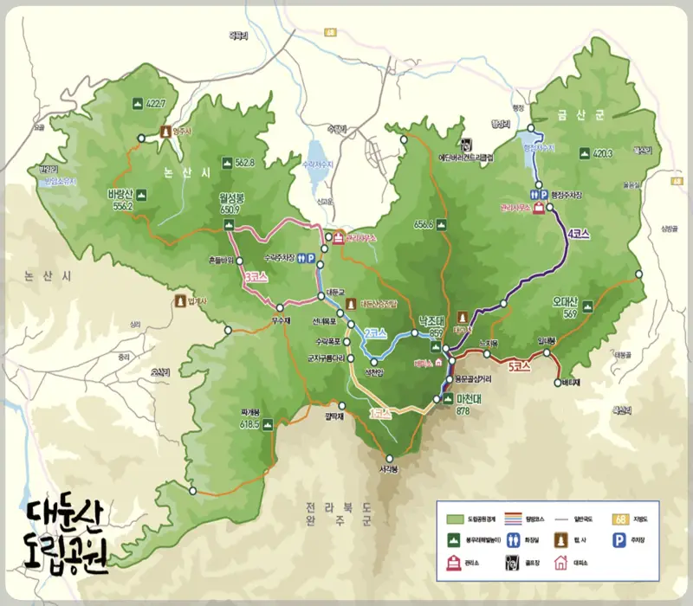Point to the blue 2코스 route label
pyautogui.click(x=374, y=332)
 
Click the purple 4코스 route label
pyautogui.click(x=580, y=234)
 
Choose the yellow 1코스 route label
pyautogui.click(x=380, y=414)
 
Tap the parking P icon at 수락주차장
pyautogui.click(x=311, y=257)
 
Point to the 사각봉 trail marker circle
pyautogui.click(x=389, y=459)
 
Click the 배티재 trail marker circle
pyautogui.click(x=557, y=379)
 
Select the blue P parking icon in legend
pyautogui.click(x=619, y=538)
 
